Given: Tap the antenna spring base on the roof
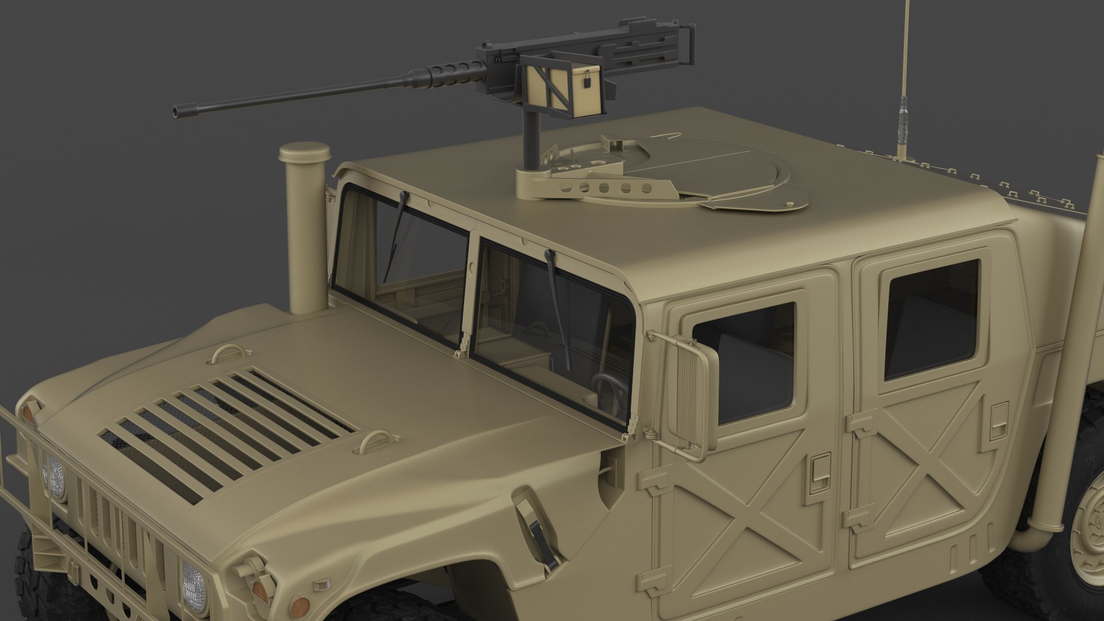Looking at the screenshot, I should coord(900,132).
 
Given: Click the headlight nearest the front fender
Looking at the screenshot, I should coord(193,584).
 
